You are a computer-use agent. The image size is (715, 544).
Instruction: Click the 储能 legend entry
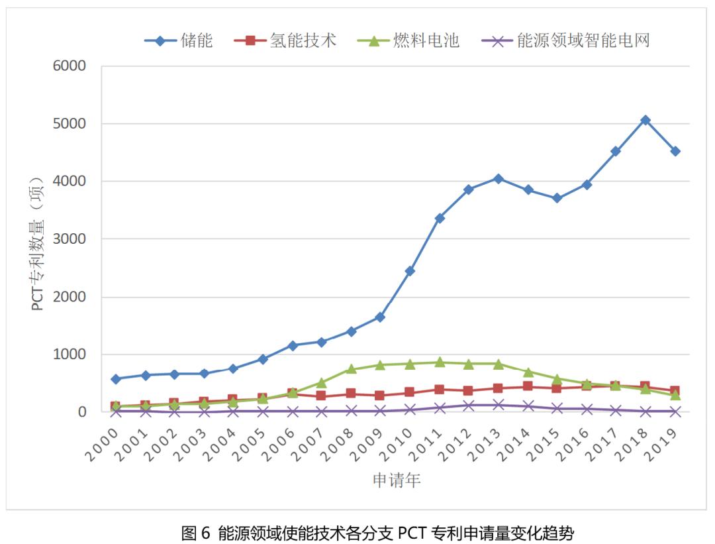pos(179,40)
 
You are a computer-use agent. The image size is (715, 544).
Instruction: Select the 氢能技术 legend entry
pos(286,40)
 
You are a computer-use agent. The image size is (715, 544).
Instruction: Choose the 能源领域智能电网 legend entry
pos(565,40)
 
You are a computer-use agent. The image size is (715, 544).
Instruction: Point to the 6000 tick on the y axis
pos(69,66)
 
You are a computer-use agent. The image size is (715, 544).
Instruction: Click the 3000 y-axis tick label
pos(69,239)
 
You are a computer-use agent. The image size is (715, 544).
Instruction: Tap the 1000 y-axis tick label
pos(69,354)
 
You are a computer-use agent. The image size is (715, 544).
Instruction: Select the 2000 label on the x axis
pos(103,443)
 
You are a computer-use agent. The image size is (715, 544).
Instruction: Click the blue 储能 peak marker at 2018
pos(645,120)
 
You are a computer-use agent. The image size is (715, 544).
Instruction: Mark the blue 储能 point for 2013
pos(499,178)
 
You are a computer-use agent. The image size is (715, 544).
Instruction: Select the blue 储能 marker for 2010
pos(410,271)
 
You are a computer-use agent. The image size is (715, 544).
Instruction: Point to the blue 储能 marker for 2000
pos(116,379)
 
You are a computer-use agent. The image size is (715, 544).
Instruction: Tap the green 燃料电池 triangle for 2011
pos(440,362)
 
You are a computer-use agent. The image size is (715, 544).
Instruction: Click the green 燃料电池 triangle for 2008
pos(352,369)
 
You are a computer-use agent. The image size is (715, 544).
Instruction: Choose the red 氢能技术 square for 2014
pos(528,386)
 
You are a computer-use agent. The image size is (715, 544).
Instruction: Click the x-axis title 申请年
pos(396,480)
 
